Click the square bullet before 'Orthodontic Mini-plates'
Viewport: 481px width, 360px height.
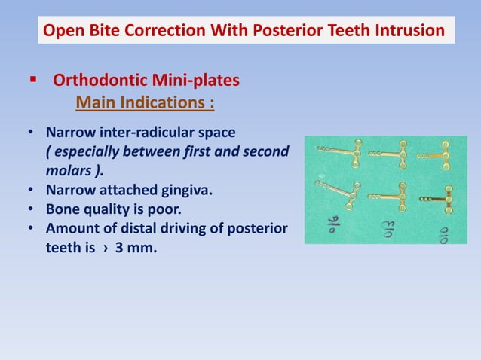(x=32, y=79)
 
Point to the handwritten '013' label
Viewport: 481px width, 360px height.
(x=387, y=226)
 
